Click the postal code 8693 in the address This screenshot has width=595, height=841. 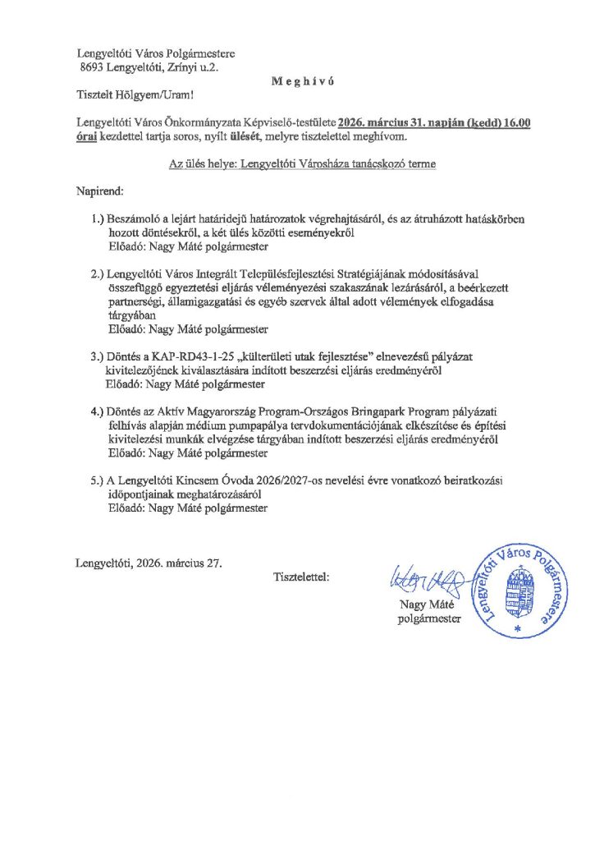[94, 69]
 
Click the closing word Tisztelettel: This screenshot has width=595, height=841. [301, 577]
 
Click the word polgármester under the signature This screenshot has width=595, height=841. [429, 619]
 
